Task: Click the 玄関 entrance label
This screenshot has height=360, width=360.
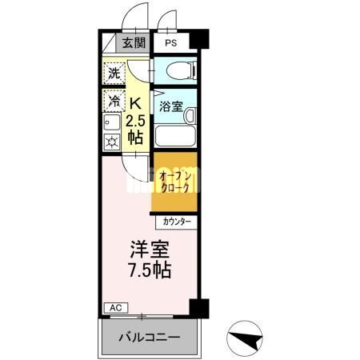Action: pyautogui.click(x=134, y=42)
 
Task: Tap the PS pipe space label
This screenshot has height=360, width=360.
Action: pyautogui.click(x=170, y=42)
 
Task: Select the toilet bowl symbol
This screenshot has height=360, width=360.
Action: pyautogui.click(x=182, y=70)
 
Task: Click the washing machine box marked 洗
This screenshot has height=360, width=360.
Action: pyautogui.click(x=114, y=74)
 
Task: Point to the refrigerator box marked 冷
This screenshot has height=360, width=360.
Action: pyautogui.click(x=114, y=101)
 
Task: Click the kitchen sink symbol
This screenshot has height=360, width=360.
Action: pyautogui.click(x=112, y=122)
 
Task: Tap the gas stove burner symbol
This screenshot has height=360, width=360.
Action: pyautogui.click(x=112, y=142)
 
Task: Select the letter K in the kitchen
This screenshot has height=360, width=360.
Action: pyautogui.click(x=135, y=103)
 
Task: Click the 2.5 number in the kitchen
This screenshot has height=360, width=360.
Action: pyautogui.click(x=135, y=122)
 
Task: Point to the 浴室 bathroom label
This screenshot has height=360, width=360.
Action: pyautogui.click(x=171, y=106)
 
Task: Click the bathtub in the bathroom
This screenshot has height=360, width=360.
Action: pyautogui.click(x=175, y=136)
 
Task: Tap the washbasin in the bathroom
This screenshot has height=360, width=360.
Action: pyautogui.click(x=190, y=116)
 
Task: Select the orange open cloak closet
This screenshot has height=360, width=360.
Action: pyautogui.click(x=174, y=182)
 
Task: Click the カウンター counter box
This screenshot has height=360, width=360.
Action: pyautogui.click(x=177, y=222)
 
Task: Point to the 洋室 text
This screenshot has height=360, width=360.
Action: pyautogui.click(x=150, y=250)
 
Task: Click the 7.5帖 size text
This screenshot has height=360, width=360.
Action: pyautogui.click(x=150, y=270)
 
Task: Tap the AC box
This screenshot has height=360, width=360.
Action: pyautogui.click(x=116, y=308)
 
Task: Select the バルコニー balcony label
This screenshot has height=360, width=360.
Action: pyautogui.click(x=150, y=338)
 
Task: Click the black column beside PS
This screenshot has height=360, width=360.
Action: pyautogui.click(x=199, y=39)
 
